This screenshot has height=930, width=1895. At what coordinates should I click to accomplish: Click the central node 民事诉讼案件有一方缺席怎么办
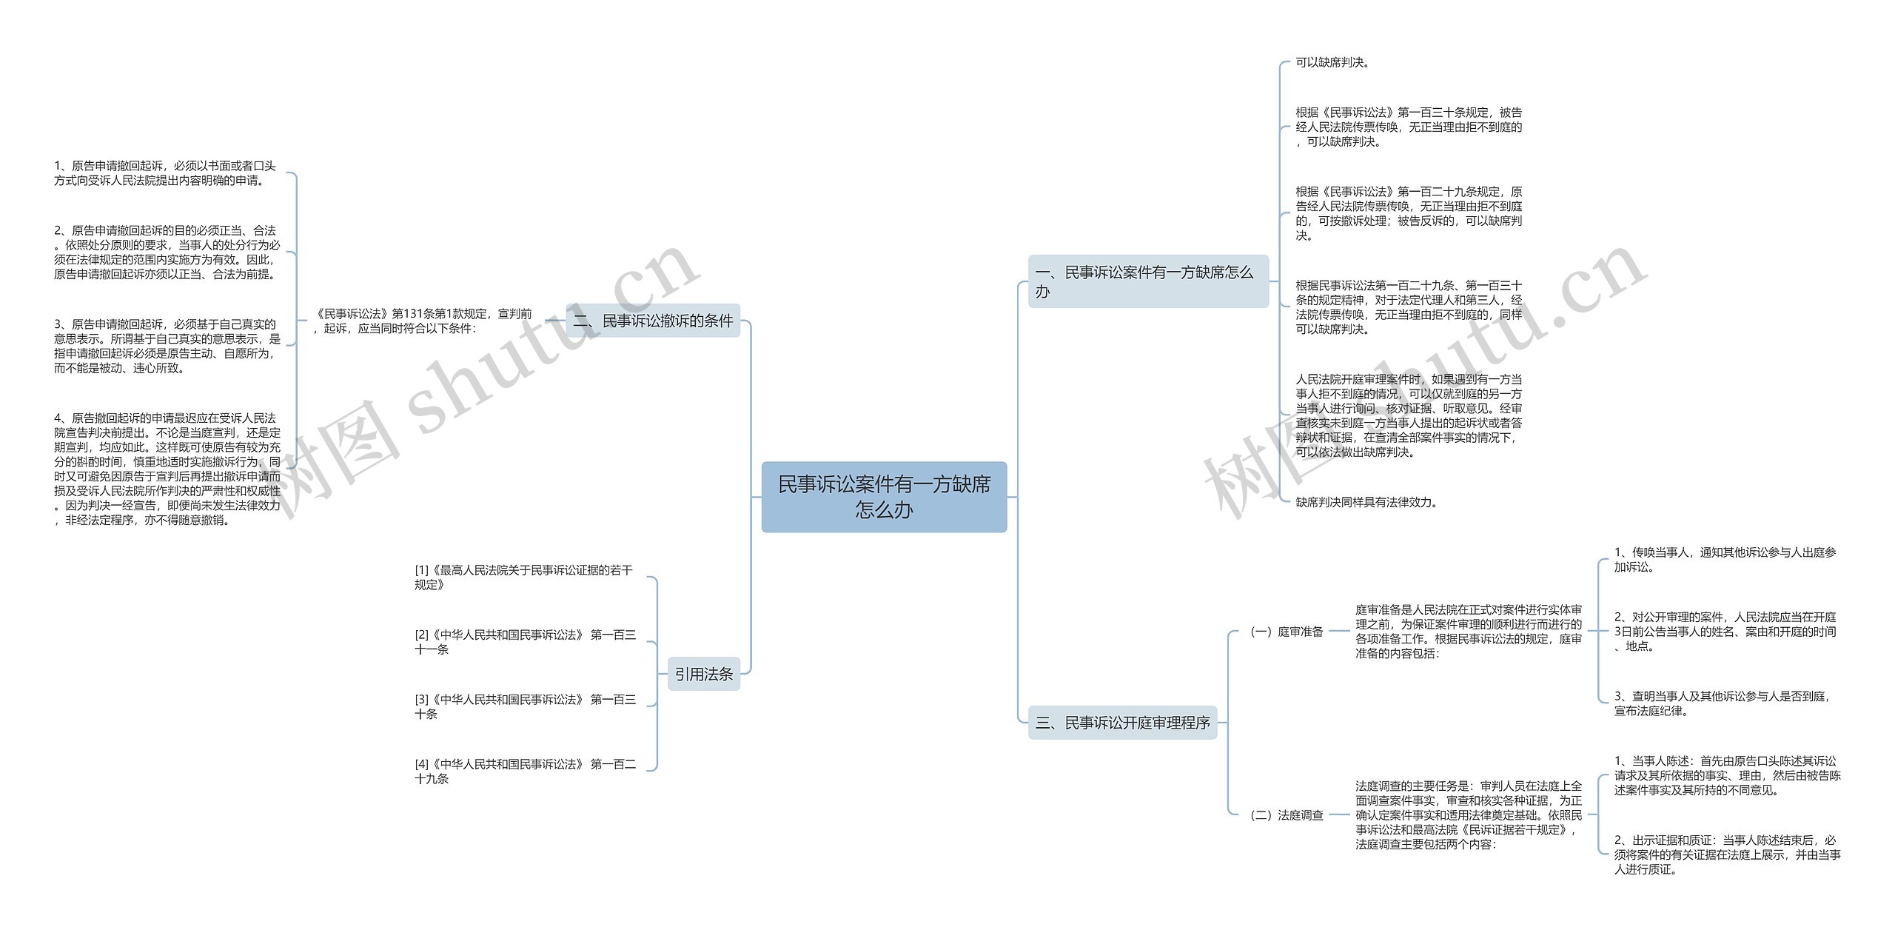click(x=884, y=497)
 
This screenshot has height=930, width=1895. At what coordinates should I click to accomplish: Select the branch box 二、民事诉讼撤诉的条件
click(x=654, y=321)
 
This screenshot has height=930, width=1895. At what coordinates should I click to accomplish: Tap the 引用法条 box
click(x=703, y=674)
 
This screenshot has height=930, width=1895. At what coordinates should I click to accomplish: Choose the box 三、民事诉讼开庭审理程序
click(x=1122, y=722)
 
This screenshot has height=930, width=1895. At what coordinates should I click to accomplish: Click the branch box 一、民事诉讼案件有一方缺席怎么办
click(x=1147, y=281)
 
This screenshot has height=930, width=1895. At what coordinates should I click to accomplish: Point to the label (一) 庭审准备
click(x=1287, y=632)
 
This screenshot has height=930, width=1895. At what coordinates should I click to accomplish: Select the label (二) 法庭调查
click(x=1287, y=815)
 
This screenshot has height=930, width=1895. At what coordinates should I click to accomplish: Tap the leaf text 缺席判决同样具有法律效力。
click(x=1366, y=502)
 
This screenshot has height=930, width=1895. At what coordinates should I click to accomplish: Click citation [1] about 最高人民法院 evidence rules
click(x=523, y=577)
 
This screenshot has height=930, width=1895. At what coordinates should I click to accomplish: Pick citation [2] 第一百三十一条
click(x=525, y=642)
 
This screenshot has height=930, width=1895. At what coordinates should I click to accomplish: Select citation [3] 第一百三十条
click(x=525, y=706)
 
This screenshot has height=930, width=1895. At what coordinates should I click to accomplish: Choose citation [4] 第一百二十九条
click(x=525, y=771)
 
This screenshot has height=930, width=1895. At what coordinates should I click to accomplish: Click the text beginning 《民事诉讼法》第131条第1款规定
click(x=423, y=321)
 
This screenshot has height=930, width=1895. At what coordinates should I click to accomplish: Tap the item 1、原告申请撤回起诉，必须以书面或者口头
click(x=165, y=173)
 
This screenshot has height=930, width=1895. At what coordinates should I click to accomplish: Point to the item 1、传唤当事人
click(x=1725, y=559)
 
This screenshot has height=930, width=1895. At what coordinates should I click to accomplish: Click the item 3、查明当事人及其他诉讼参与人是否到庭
click(x=1722, y=703)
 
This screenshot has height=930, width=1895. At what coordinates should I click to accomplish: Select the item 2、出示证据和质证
click(x=1726, y=854)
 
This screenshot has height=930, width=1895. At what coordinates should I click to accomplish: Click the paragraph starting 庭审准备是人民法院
click(x=1469, y=632)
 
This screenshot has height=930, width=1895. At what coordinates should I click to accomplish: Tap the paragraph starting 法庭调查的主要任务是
click(x=1469, y=814)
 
